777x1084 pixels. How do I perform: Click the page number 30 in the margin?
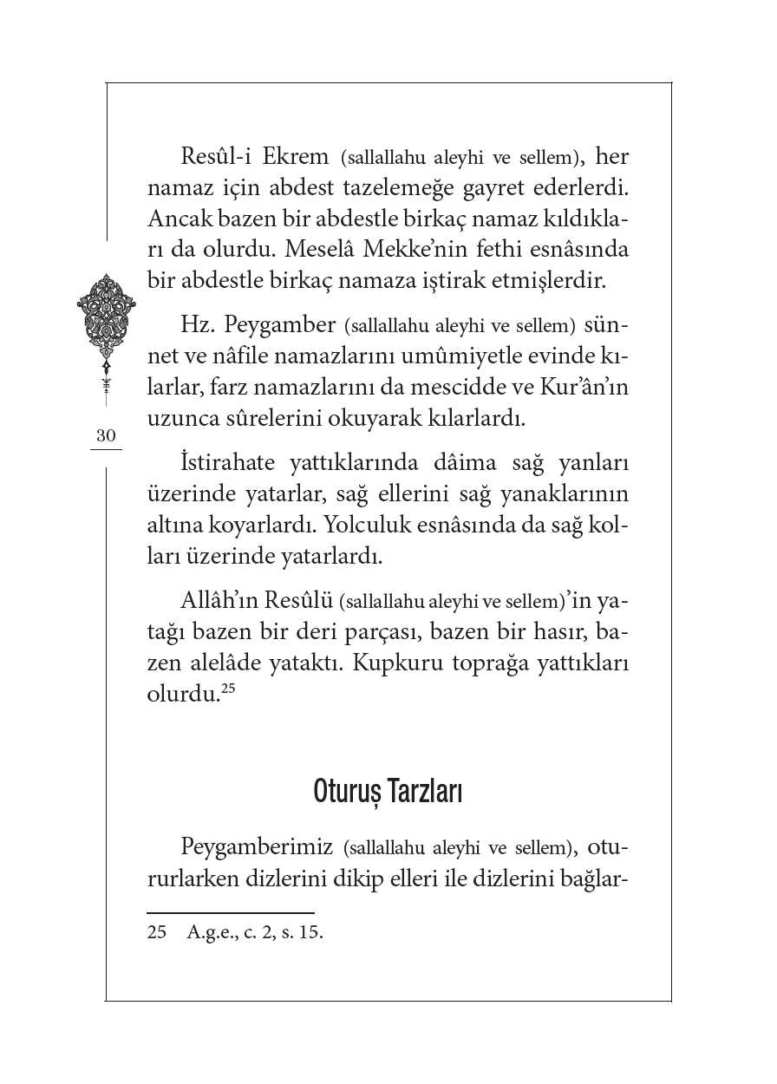tap(106, 436)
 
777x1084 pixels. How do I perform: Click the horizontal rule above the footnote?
tap(230, 913)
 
